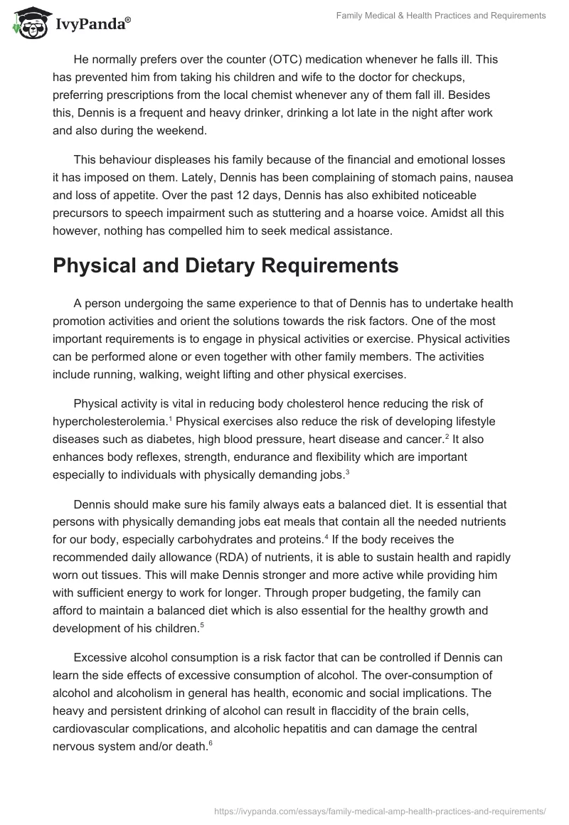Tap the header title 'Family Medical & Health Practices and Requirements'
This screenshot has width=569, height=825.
tap(441, 16)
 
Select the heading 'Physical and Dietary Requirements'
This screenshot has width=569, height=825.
tap(225, 266)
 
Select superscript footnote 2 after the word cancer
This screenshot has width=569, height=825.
tap(446, 417)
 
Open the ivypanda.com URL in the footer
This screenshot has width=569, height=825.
tap(379, 810)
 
